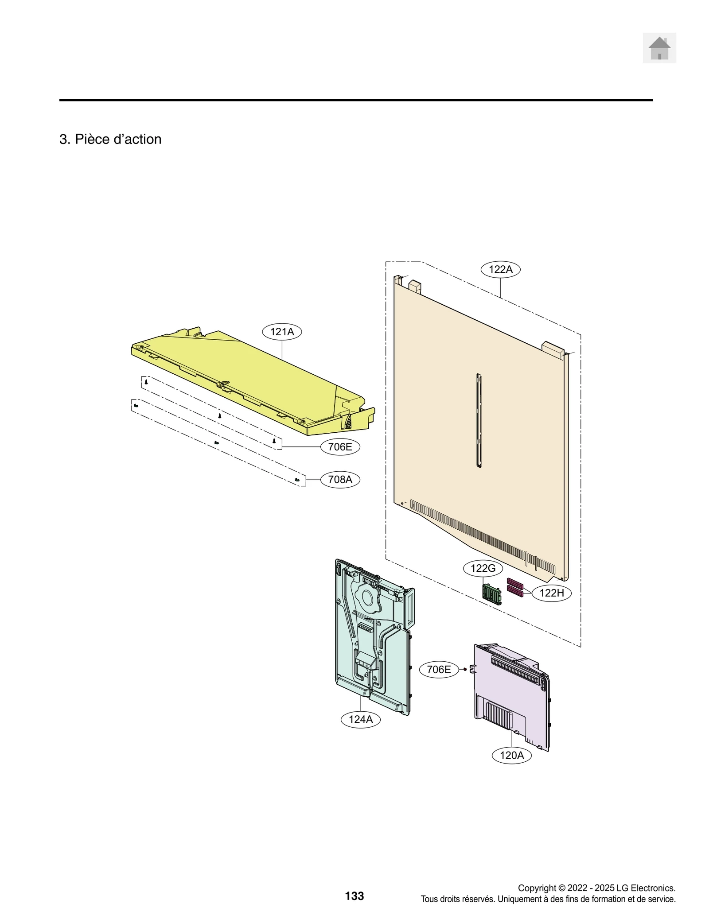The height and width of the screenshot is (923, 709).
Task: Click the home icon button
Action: point(659,48)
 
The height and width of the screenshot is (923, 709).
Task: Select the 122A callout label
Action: point(500,269)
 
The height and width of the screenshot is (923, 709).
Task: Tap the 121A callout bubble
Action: point(282,332)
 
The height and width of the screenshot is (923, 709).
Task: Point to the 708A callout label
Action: point(340,479)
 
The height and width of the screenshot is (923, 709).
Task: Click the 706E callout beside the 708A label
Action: point(340,446)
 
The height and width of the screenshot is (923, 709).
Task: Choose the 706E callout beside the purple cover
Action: point(439,669)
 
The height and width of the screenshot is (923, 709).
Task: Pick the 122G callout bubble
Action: point(483,568)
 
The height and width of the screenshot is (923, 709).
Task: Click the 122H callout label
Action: point(552,593)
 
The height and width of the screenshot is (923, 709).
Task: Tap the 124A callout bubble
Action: point(360,719)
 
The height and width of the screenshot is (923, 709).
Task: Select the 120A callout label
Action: point(511,755)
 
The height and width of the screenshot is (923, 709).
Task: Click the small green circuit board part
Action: point(492,593)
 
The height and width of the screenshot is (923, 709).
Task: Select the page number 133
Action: point(354,896)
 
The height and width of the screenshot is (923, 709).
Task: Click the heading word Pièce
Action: point(92,139)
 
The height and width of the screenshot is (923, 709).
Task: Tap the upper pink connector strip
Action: point(515,582)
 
